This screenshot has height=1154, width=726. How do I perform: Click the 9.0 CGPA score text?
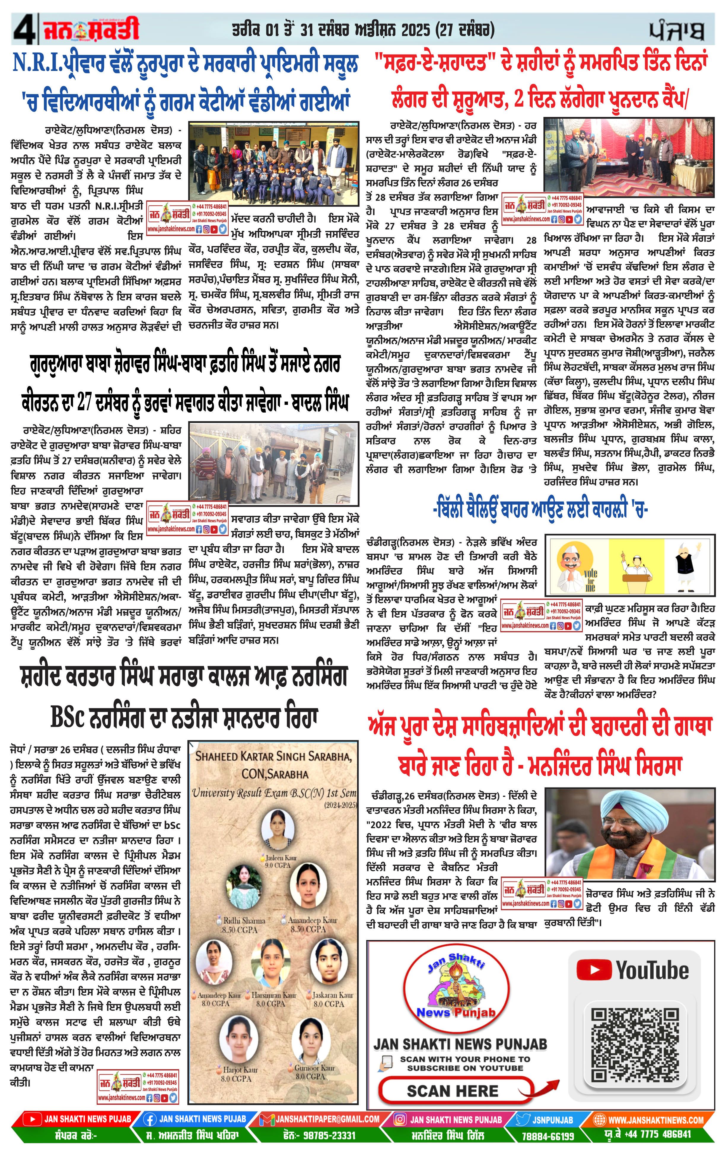278,866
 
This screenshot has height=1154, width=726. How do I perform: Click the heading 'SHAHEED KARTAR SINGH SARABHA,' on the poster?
273,757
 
